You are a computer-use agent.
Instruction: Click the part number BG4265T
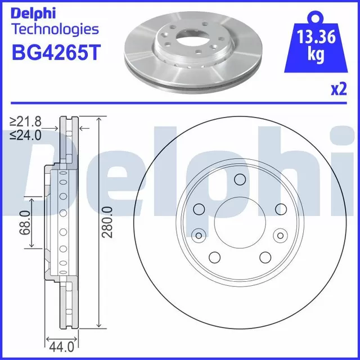point(56,52)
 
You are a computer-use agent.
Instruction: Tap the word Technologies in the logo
point(56,30)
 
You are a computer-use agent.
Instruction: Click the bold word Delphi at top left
point(34,13)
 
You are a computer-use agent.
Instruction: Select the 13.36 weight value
point(316,37)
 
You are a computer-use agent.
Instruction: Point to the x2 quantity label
point(339,89)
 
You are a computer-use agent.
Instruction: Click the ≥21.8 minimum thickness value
point(25,121)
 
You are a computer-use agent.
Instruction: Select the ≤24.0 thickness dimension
point(25,135)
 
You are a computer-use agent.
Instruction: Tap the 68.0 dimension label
point(25,223)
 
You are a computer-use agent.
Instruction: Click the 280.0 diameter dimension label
point(107,222)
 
